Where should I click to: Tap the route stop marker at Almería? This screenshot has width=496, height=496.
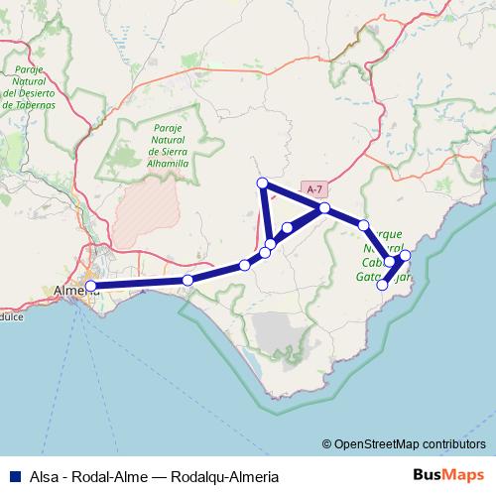[x=91, y=287]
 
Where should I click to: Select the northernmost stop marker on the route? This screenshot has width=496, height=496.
[x=263, y=183]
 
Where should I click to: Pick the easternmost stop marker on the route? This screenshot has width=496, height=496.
[x=404, y=258]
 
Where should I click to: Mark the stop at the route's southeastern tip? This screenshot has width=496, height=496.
[x=383, y=286]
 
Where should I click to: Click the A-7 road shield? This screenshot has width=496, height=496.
[x=314, y=188]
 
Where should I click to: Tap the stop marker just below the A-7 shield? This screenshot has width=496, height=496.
[x=324, y=208]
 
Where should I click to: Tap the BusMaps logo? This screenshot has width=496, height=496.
[x=449, y=475]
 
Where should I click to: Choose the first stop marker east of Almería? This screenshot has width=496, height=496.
[x=188, y=281]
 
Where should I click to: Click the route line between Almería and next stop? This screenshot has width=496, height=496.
[x=139, y=284]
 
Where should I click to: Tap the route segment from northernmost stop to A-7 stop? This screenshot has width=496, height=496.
[x=294, y=195]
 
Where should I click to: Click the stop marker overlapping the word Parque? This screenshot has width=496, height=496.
[x=364, y=226]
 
